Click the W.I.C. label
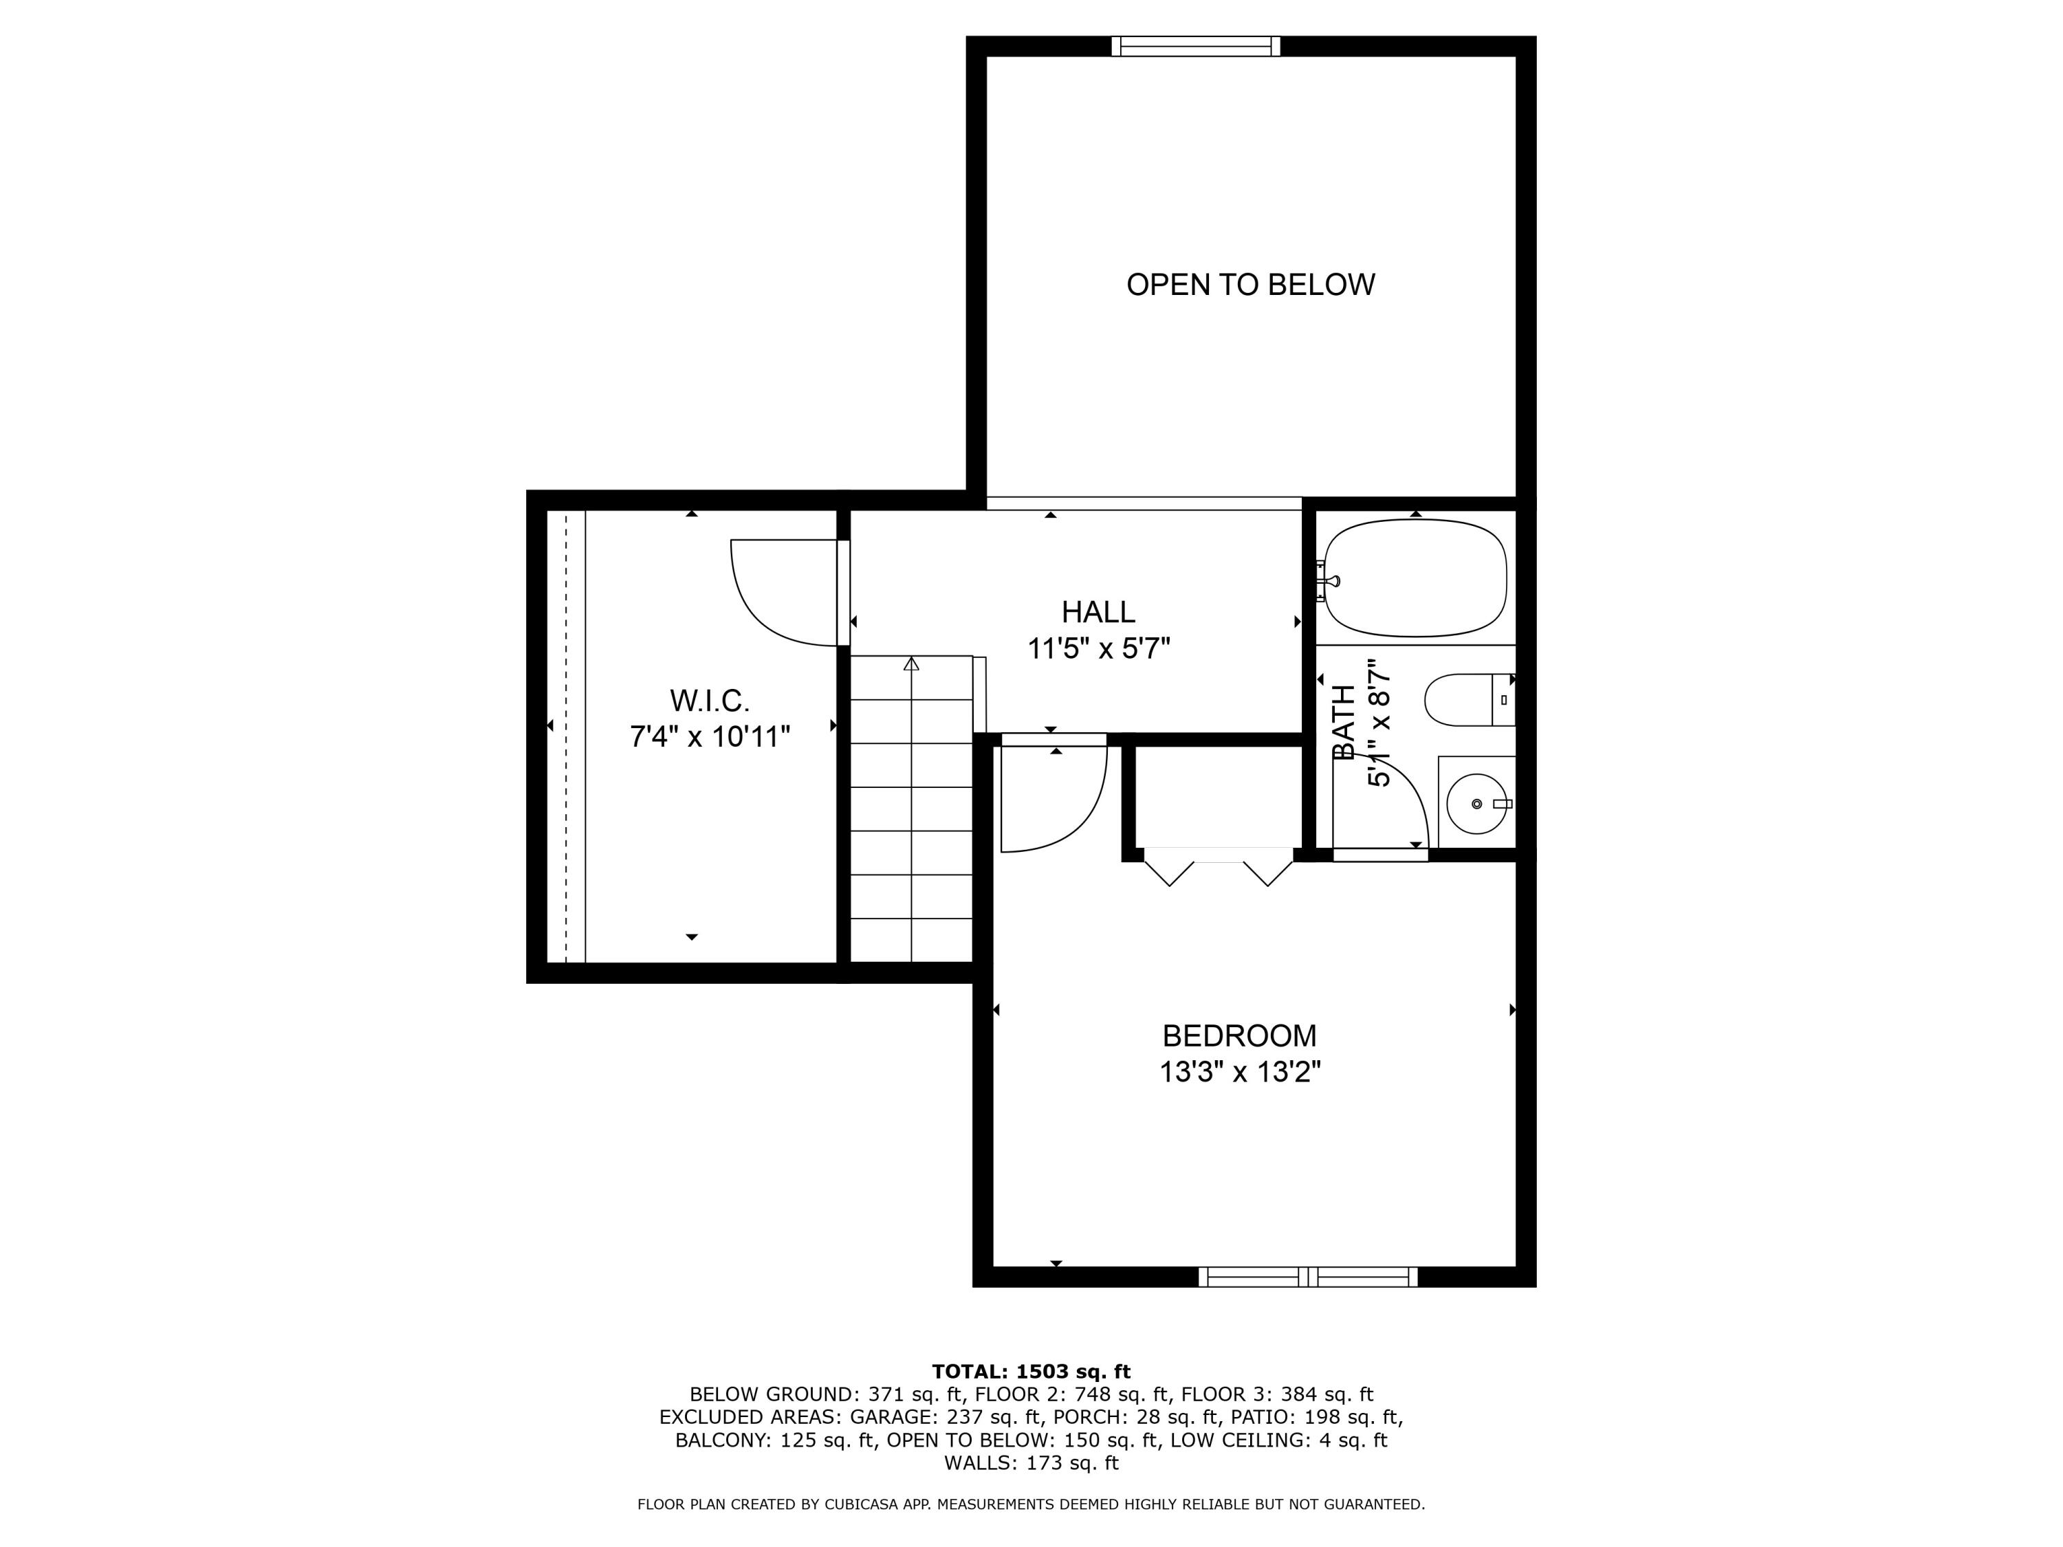[x=709, y=701]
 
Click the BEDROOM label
[x=1238, y=1036]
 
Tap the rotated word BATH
[x=1344, y=723]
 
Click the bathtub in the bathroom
[x=1415, y=578]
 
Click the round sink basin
[x=1476, y=804]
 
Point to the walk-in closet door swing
[x=778, y=597]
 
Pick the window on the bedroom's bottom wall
[x=1307, y=1277]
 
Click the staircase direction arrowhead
[x=911, y=664]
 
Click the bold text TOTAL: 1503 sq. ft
[x=1031, y=1372]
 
